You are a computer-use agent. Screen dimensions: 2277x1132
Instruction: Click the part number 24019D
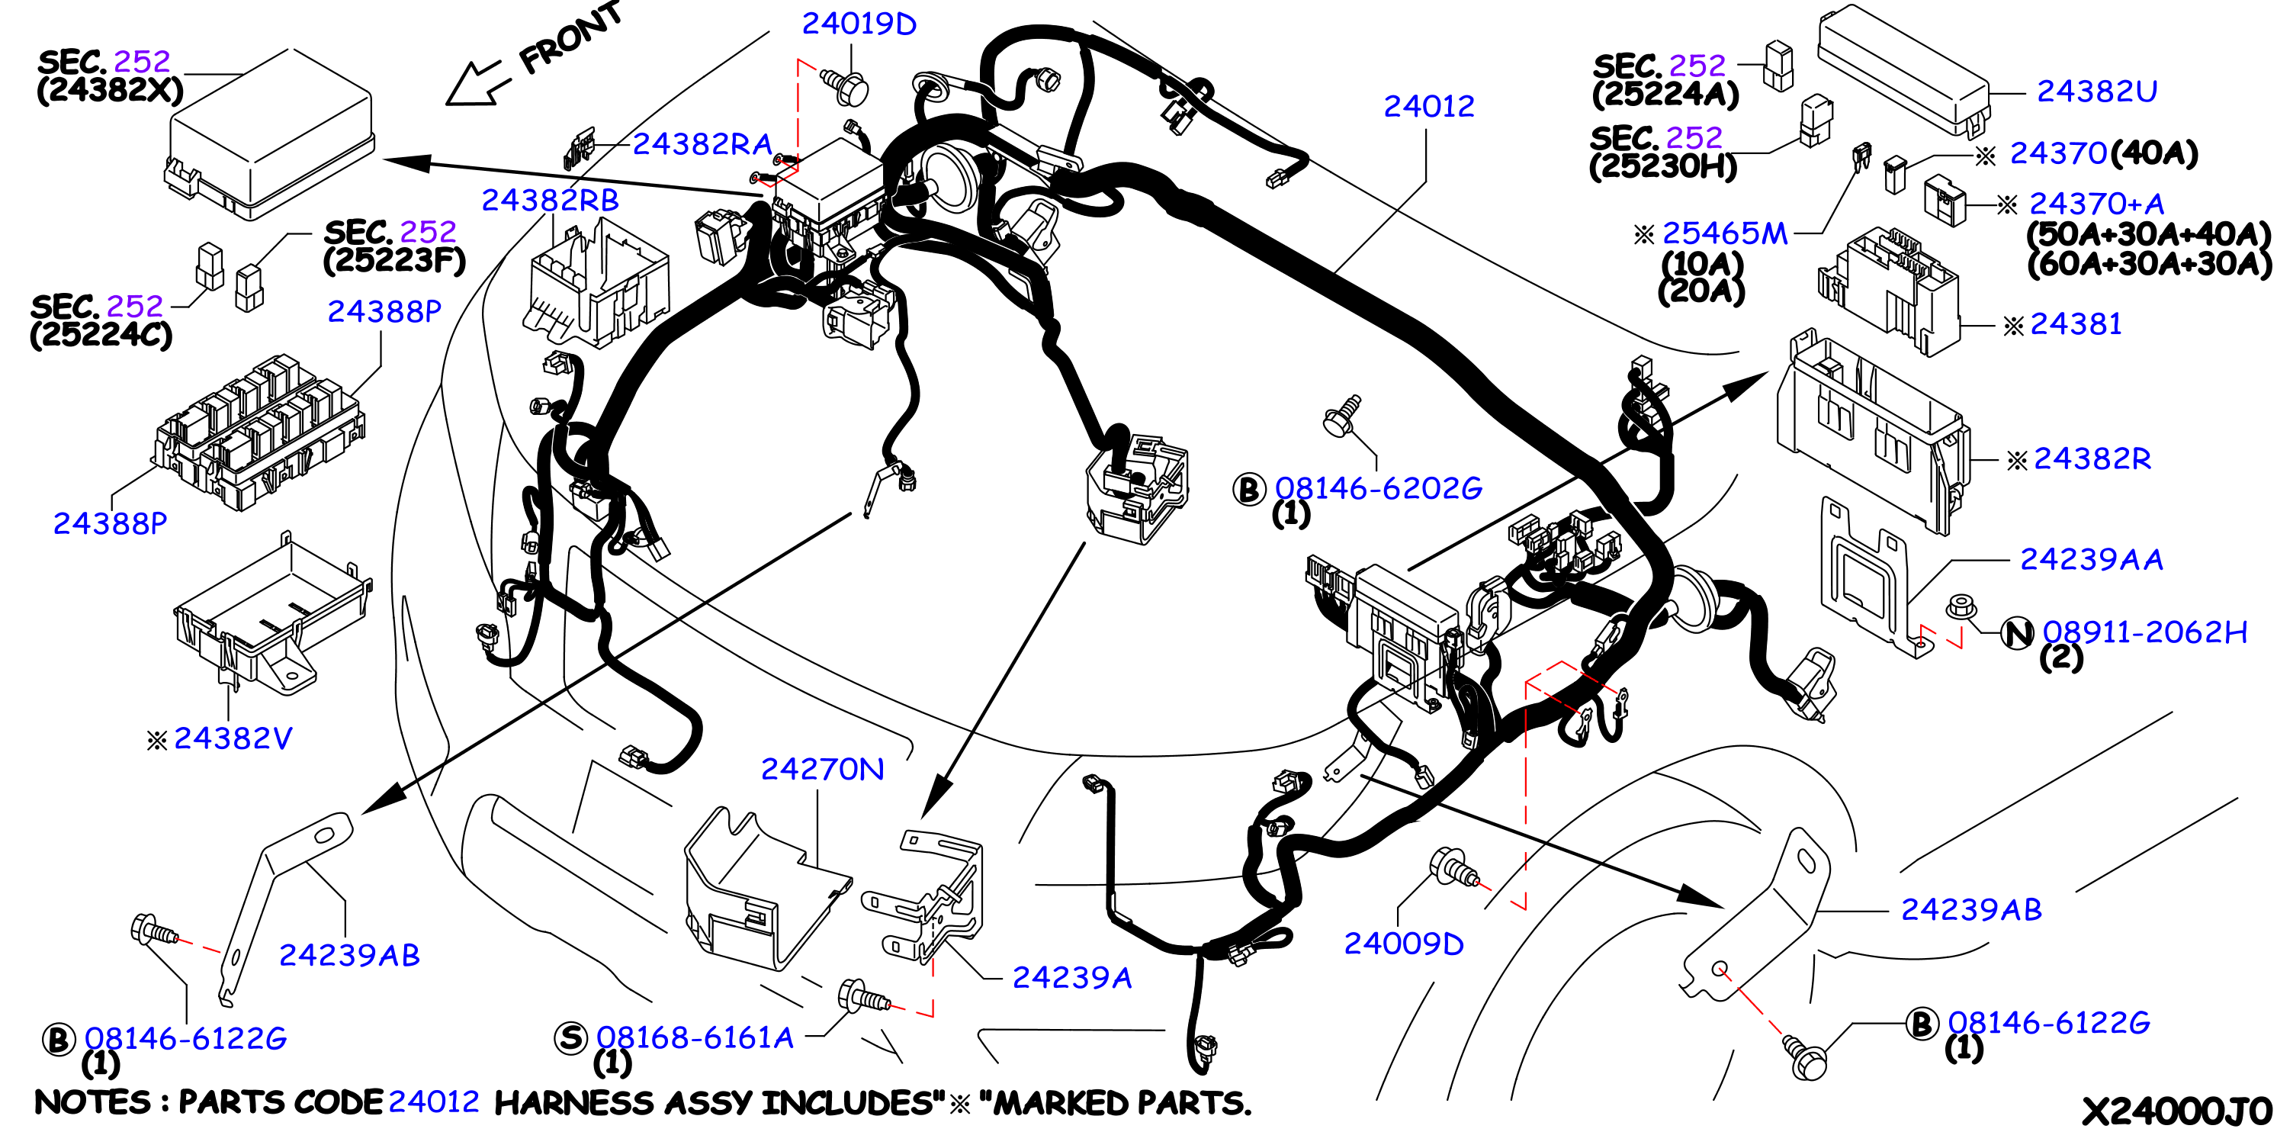coord(859,24)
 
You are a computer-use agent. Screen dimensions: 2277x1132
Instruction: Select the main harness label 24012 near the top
coord(1429,106)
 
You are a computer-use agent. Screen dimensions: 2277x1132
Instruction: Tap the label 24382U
coord(2097,91)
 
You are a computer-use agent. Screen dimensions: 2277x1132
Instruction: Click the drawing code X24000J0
coord(2176,1111)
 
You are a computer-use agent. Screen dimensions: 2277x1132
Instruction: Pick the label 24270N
coord(822,770)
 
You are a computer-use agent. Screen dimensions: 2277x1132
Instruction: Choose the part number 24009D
coord(1404,944)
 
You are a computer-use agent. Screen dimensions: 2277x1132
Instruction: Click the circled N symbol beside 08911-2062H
coord(2017,633)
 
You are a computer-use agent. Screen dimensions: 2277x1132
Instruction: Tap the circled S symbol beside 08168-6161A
coord(571,1037)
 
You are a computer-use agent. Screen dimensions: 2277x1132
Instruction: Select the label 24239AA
coord(2092,559)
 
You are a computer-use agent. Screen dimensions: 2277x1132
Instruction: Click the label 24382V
coord(233,738)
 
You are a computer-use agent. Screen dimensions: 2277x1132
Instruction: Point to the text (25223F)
coord(394,261)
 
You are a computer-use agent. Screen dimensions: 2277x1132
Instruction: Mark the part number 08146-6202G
coord(1378,488)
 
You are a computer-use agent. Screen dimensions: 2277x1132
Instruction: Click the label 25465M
coord(1725,233)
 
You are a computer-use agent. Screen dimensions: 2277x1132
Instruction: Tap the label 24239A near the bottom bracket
coord(1071,977)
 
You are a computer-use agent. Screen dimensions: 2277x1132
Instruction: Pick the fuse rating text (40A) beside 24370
coord(2153,154)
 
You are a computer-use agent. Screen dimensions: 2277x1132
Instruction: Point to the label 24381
coord(2076,324)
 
